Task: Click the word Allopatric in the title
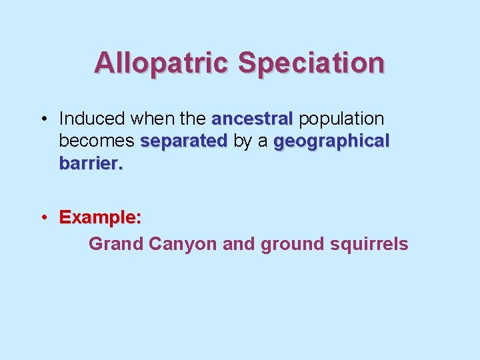(x=162, y=63)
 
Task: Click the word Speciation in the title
(x=311, y=63)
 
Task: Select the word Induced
(x=92, y=119)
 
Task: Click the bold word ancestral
(x=251, y=119)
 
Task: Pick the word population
(x=341, y=119)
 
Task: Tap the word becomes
(x=97, y=142)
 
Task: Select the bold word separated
(x=184, y=142)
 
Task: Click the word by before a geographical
(x=242, y=142)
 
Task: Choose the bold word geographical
(x=331, y=142)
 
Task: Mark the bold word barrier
(x=91, y=164)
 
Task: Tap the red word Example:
(x=100, y=218)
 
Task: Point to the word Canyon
(x=183, y=244)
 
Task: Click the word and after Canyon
(x=239, y=244)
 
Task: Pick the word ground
(x=293, y=244)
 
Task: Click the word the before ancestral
(x=193, y=119)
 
